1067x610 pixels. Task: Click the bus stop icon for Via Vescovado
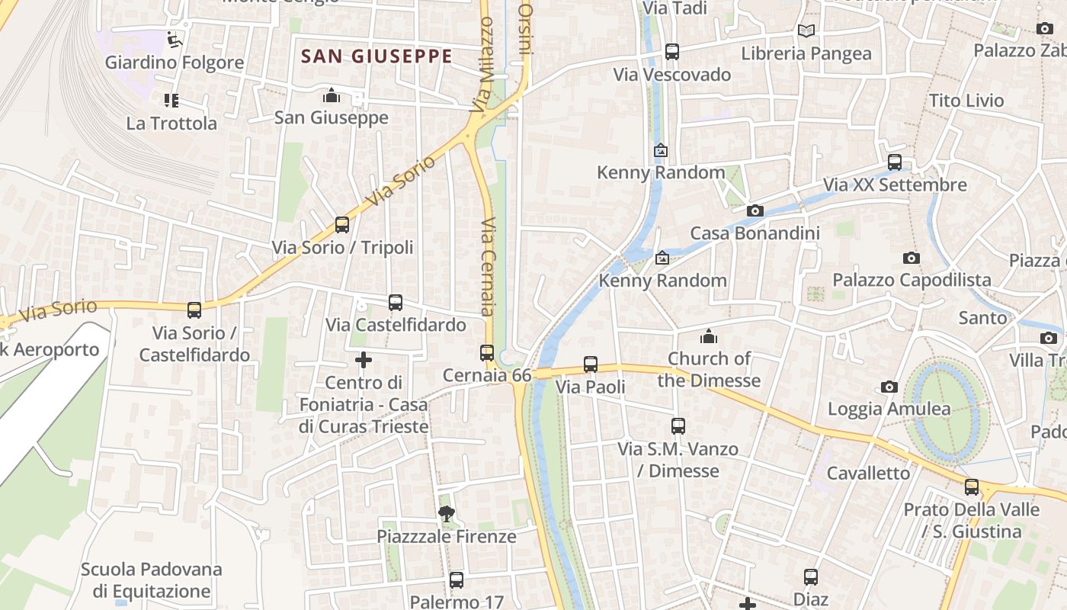[671, 52]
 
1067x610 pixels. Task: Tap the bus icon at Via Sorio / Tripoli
[342, 225]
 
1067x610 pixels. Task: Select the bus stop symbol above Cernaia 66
[487, 353]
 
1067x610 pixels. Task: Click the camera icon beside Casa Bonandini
[755, 210]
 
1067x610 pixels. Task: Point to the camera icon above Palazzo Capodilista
[911, 258]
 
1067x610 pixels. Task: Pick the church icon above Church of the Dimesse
[709, 336]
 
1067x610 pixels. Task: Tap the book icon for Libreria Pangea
[806, 31]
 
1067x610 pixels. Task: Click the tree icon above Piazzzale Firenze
[447, 514]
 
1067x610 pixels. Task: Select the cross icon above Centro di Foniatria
[364, 360]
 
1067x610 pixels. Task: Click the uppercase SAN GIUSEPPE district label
[376, 56]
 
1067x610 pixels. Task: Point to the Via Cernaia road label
[489, 267]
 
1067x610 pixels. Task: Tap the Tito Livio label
[966, 101]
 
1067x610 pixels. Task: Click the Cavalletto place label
[868, 473]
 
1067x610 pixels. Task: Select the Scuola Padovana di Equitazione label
[151, 580]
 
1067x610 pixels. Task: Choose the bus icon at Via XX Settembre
[895, 162]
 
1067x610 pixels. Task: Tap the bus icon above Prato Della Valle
[971, 487]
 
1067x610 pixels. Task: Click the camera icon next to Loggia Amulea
[889, 387]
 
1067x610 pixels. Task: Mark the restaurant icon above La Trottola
[171, 100]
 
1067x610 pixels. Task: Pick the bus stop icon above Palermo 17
[457, 580]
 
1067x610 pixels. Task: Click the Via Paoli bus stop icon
[590, 364]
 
